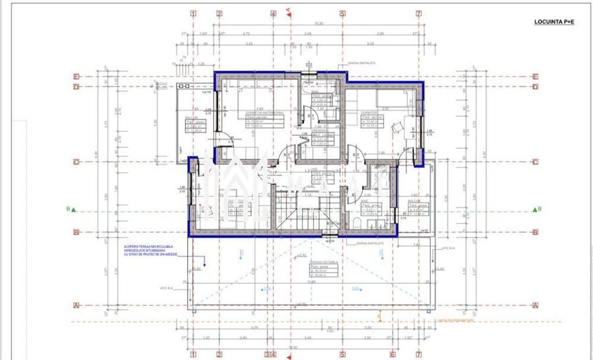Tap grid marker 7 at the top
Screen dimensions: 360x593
point(418,13)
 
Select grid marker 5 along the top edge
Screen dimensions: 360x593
point(343,13)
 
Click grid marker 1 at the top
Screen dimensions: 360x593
point(193,13)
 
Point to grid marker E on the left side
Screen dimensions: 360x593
point(76,76)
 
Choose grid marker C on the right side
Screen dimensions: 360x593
point(536,162)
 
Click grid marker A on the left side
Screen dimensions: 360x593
point(76,305)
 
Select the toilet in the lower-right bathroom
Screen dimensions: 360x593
point(354,223)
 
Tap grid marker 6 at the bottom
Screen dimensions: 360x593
point(391,355)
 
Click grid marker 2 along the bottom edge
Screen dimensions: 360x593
point(219,355)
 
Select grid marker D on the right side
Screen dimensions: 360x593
point(536,86)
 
